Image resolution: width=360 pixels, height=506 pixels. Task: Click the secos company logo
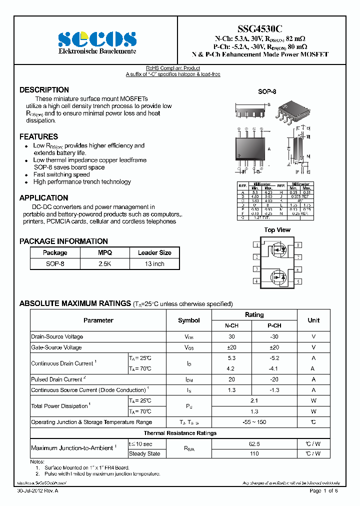(x=97, y=39)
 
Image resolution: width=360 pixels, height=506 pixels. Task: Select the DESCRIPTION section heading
(x=44, y=90)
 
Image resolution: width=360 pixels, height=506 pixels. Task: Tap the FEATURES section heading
(x=38, y=136)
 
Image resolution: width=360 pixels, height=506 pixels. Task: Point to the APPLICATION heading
(x=43, y=198)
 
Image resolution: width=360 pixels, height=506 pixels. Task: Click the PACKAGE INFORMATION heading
(x=63, y=241)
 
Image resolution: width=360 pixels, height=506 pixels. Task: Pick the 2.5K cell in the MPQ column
(x=105, y=263)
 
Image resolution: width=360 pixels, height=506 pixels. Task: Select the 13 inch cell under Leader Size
(x=154, y=263)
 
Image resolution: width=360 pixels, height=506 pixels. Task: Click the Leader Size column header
(x=154, y=252)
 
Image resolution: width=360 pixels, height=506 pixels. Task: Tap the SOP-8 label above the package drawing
(x=267, y=92)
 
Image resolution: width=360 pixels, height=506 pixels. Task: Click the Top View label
(x=277, y=230)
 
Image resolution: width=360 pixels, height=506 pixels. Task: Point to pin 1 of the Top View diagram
(x=256, y=245)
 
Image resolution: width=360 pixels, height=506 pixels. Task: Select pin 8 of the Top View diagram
(x=298, y=245)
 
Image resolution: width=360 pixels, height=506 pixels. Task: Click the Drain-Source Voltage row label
(x=57, y=336)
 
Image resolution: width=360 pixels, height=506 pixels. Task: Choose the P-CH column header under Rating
(x=274, y=325)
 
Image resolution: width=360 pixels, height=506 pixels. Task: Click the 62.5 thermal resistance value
(x=254, y=443)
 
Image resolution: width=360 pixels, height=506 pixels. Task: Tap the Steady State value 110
(x=254, y=453)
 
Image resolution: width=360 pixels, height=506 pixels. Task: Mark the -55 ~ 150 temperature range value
(x=254, y=422)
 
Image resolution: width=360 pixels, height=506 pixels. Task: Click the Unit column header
(x=313, y=320)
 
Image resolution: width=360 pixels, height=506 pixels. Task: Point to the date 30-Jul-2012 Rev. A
(x=37, y=491)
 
